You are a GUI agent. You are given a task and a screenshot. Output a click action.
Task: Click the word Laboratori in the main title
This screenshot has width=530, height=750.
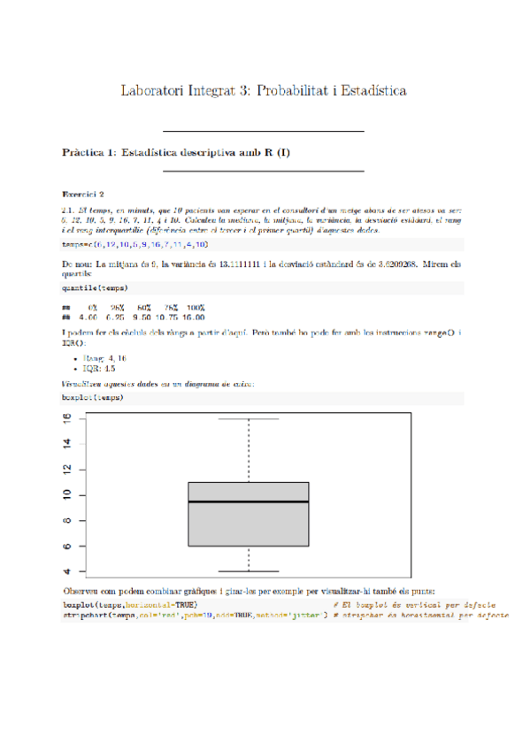pos(152,91)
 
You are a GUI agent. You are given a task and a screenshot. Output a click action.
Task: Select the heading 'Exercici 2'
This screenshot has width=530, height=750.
pos(83,194)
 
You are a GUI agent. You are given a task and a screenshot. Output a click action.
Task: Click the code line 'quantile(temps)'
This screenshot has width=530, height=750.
pos(94,288)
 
